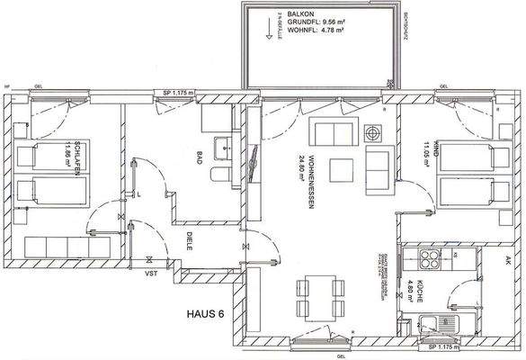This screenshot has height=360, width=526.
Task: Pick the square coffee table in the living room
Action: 339,169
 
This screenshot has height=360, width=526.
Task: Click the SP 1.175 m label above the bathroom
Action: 179,93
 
